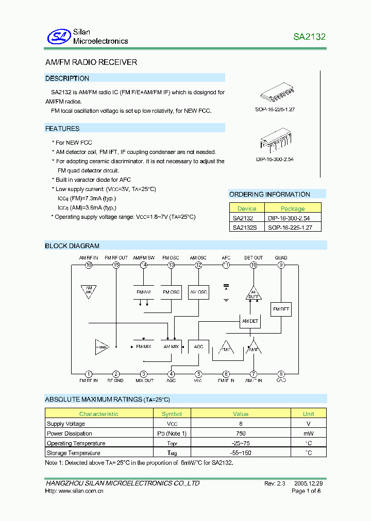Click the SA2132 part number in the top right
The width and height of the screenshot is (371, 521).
pos(309,37)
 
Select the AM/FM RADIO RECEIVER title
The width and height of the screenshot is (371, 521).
pos(91,62)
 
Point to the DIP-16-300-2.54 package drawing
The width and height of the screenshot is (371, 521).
pos(275,141)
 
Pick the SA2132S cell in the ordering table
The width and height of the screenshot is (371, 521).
pos(244,227)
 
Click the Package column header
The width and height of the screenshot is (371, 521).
pos(293,209)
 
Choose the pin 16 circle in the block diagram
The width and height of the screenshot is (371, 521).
pos(89,265)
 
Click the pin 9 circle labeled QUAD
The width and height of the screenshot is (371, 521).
pos(281,265)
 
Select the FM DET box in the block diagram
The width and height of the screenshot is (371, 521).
pos(281,309)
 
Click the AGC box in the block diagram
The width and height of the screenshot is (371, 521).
pos(198,347)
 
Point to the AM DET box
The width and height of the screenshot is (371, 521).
pos(250,321)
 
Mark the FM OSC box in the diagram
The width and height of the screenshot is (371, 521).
pos(171,292)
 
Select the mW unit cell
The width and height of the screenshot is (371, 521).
pos(308,433)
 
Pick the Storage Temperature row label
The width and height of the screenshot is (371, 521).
pos(73,453)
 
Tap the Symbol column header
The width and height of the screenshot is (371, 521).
pos(172,414)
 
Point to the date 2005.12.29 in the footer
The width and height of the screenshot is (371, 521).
pos(309,483)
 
